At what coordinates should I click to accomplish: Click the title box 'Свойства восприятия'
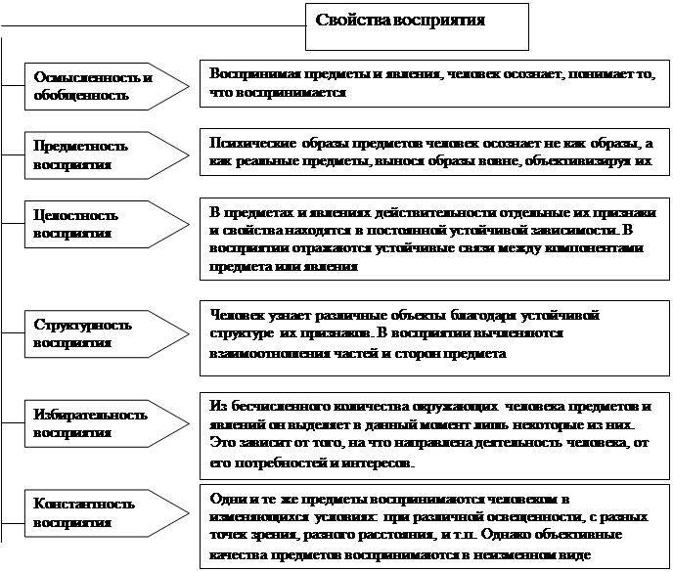pos(417,26)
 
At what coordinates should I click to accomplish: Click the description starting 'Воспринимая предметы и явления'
pos(432,84)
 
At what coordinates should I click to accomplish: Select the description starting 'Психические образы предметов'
pos(432,152)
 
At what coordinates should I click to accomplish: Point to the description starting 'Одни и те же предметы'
pos(432,527)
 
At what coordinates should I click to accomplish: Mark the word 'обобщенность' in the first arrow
pos(81,96)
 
